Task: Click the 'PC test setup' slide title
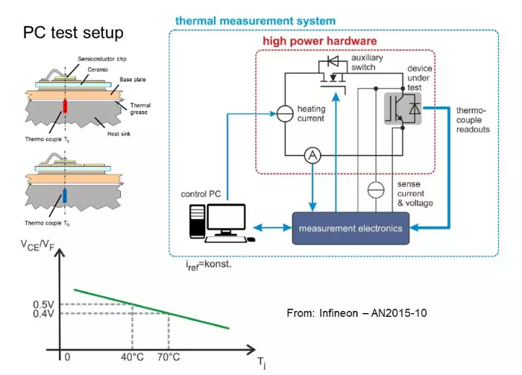tap(73, 33)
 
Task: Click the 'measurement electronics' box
tap(350, 228)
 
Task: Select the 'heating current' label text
tap(311, 114)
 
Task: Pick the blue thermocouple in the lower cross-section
tap(64, 195)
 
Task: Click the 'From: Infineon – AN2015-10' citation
tap(356, 312)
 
